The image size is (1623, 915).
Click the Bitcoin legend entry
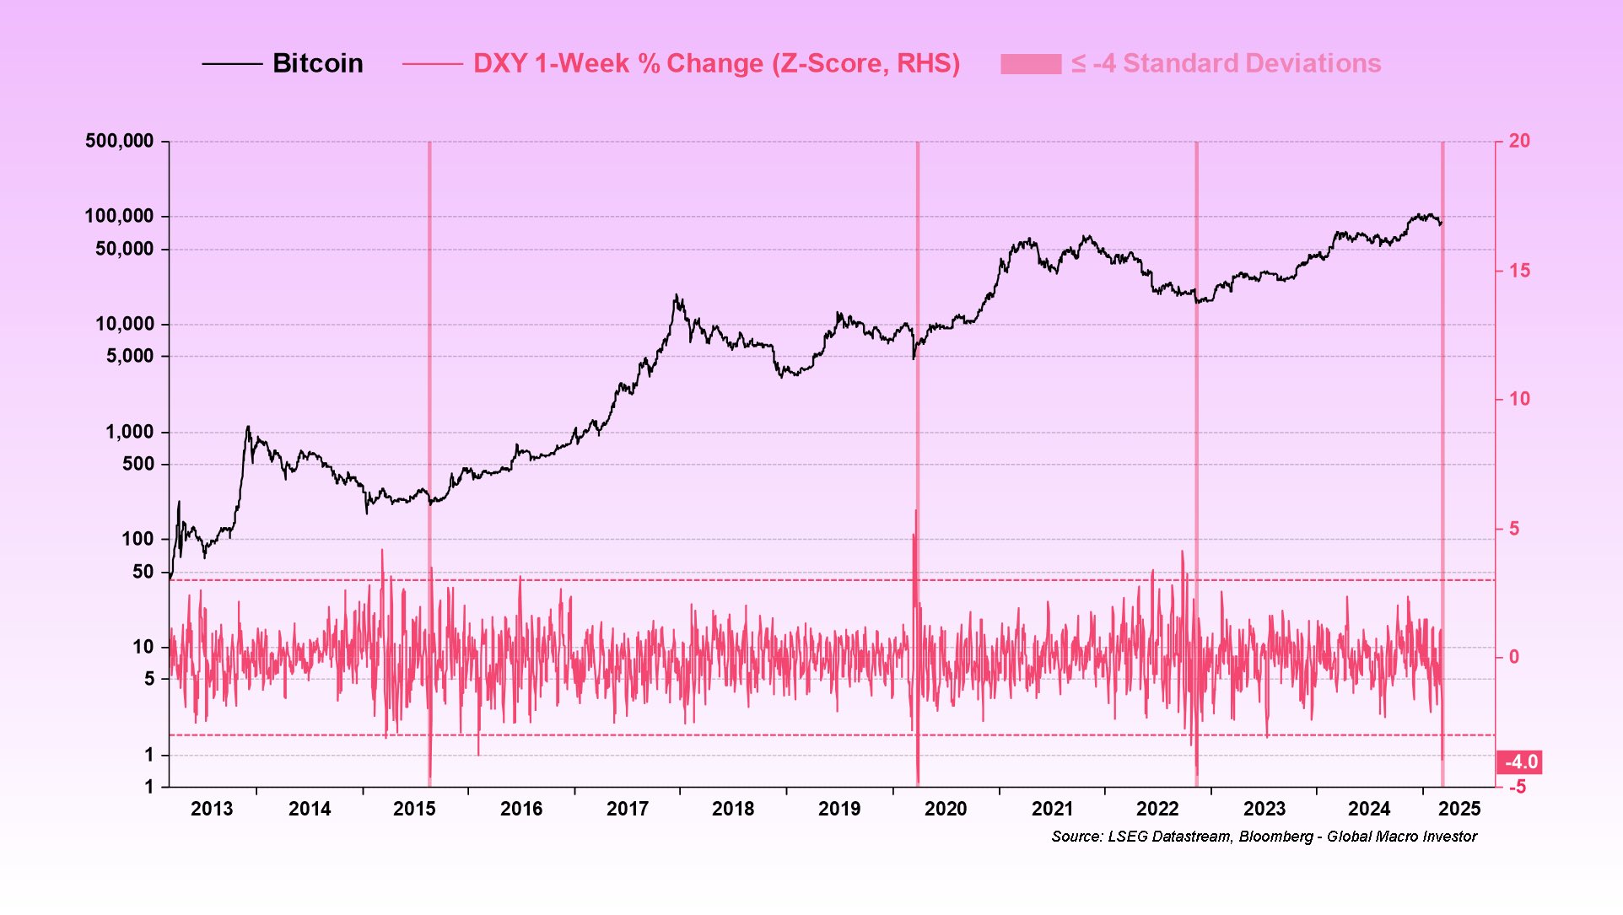tap(317, 63)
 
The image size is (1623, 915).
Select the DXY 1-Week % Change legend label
tap(715, 63)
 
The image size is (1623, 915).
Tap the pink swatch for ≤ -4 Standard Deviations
tap(1030, 64)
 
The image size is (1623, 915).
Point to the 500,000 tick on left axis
tap(120, 141)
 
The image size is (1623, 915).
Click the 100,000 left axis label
tap(120, 216)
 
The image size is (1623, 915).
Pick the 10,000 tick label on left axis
tap(125, 324)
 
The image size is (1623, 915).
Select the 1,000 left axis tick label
tap(130, 432)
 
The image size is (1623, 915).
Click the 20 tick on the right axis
tap(1518, 141)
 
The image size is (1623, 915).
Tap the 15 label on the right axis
tap(1518, 271)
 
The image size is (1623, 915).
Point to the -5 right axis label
tap(1517, 787)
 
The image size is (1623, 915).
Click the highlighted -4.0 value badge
tap(1520, 762)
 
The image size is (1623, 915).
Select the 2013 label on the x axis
tap(212, 809)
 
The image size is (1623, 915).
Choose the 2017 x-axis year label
tap(628, 809)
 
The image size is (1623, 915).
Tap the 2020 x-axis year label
tap(946, 809)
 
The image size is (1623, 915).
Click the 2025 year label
tap(1459, 809)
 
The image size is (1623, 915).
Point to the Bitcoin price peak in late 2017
tap(676, 295)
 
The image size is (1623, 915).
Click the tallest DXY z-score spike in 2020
tap(916, 511)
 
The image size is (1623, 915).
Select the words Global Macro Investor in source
tap(1401, 837)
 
